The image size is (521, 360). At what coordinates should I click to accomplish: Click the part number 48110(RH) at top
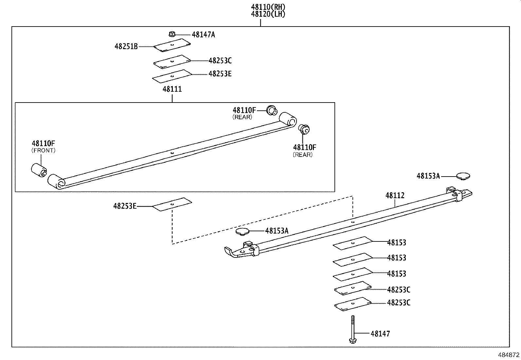268,7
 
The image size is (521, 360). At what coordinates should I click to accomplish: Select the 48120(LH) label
268,14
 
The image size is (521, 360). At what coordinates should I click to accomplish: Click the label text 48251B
126,47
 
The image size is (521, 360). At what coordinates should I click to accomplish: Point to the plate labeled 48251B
172,45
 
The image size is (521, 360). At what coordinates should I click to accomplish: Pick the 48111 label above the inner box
172,89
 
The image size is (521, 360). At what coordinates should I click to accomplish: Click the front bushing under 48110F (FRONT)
39,169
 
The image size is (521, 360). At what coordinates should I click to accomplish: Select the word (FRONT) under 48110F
44,150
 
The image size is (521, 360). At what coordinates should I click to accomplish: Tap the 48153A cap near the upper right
463,176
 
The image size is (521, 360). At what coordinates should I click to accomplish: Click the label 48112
395,196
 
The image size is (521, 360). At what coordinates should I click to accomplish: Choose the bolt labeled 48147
352,329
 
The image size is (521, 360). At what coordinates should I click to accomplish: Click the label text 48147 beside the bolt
380,334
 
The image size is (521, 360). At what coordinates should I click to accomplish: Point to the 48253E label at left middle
125,206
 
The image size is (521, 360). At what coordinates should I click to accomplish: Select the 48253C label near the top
220,61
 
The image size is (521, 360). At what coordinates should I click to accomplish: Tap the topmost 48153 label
397,243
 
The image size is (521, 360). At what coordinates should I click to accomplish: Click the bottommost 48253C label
399,303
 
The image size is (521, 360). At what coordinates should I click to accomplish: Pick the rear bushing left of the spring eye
272,110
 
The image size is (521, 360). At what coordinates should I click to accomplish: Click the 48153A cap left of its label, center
243,231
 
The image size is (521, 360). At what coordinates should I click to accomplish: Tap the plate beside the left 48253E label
172,204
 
